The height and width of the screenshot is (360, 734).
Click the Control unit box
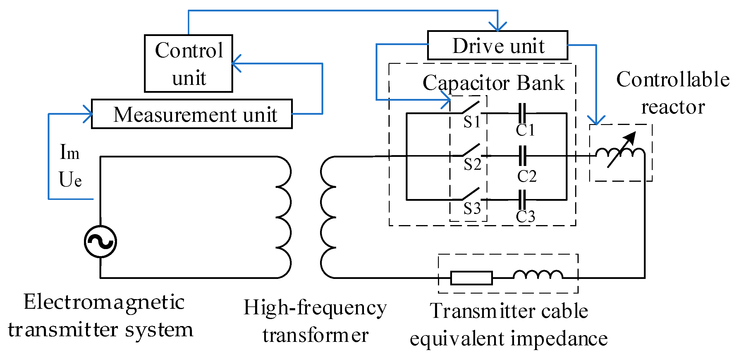(188, 64)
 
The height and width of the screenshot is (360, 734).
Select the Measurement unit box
(192, 114)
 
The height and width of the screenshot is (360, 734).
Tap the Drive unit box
(497, 45)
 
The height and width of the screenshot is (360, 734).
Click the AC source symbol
(100, 241)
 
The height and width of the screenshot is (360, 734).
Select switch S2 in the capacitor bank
(470, 150)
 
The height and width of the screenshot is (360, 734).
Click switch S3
(470, 194)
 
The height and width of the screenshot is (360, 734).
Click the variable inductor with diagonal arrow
(620, 152)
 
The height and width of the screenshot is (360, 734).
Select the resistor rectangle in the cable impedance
(471, 278)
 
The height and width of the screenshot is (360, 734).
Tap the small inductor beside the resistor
(538, 275)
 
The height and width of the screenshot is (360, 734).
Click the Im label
(69, 152)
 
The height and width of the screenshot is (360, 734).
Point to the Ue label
(70, 179)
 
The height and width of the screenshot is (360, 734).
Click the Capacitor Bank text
(494, 83)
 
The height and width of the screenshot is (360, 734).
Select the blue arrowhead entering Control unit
(236, 63)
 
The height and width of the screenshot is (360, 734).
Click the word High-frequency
(315, 308)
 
